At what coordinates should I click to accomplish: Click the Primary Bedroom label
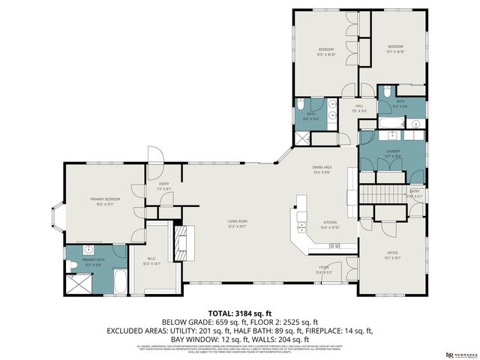[101, 199]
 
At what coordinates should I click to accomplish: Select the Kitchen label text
[330, 223]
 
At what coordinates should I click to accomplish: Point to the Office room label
[391, 253]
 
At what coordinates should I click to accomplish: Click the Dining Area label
[322, 167]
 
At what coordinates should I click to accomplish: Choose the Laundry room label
[393, 151]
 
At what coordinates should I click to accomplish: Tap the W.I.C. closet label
[152, 259]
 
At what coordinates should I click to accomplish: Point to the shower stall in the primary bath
[77, 284]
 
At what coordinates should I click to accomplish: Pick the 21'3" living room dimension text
[238, 226]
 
